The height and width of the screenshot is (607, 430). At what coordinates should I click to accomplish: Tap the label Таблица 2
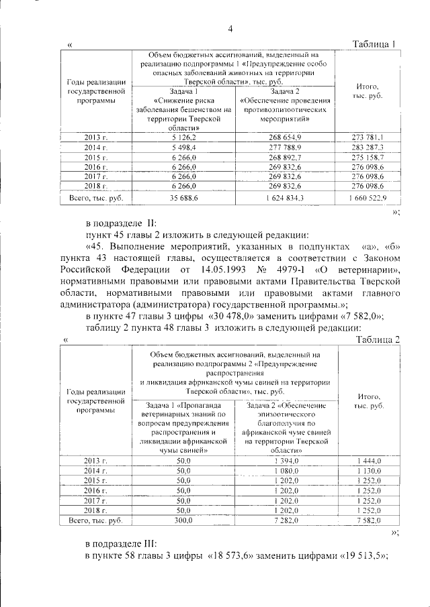coord(377,340)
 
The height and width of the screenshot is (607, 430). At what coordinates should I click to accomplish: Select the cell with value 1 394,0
coord(285,461)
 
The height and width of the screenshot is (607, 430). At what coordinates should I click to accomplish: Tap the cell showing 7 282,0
coord(285,520)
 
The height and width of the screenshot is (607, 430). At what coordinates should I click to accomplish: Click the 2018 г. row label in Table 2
coord(96,510)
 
